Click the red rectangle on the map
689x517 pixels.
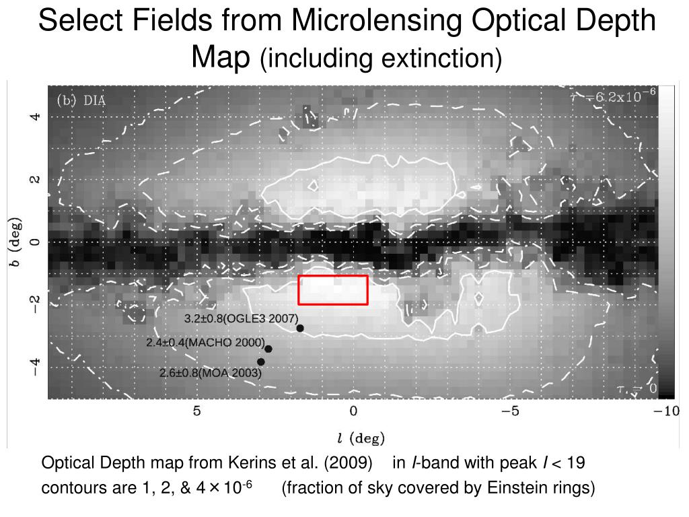(333, 290)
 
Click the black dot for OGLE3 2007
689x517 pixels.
(300, 329)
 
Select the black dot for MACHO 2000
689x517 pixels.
(268, 349)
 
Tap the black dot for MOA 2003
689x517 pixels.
(261, 362)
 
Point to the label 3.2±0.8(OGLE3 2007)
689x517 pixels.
(241, 318)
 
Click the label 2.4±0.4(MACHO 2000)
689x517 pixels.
(205, 343)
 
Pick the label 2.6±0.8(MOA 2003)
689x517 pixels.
(211, 372)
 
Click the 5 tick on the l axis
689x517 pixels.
(197, 411)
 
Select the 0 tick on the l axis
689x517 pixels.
(353, 411)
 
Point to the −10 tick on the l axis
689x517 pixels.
(667, 411)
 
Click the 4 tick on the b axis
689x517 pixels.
(35, 116)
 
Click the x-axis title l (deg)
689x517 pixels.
(361, 438)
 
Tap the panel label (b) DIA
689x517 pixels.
(81, 100)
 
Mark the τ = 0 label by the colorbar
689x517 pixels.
(637, 388)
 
